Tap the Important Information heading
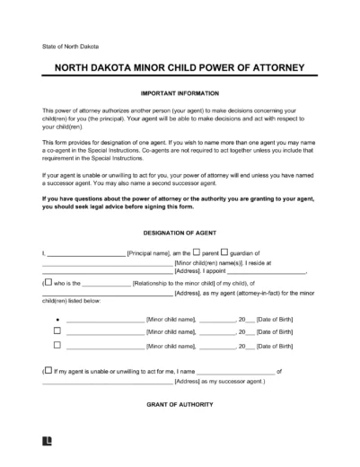180,93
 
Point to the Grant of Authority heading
180,405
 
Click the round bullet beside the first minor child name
57,318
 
